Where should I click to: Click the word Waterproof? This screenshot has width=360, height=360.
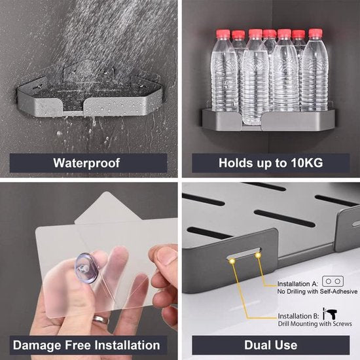point(86,163)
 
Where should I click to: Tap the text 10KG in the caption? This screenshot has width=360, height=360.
point(307,163)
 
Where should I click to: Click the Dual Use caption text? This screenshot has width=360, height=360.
point(271,345)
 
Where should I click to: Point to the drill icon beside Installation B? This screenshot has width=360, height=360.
point(330,314)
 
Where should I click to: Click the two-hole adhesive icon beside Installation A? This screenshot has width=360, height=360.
point(333,281)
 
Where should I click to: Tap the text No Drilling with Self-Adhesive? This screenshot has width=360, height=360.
point(317,291)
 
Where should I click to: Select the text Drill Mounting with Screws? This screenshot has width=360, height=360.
point(315,324)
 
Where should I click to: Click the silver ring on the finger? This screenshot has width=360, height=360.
point(101,319)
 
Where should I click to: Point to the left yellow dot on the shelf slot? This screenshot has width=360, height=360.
point(232,261)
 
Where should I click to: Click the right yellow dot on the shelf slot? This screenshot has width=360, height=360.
point(258,255)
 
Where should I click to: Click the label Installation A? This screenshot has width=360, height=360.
point(298,284)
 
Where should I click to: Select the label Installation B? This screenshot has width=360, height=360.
point(298,316)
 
